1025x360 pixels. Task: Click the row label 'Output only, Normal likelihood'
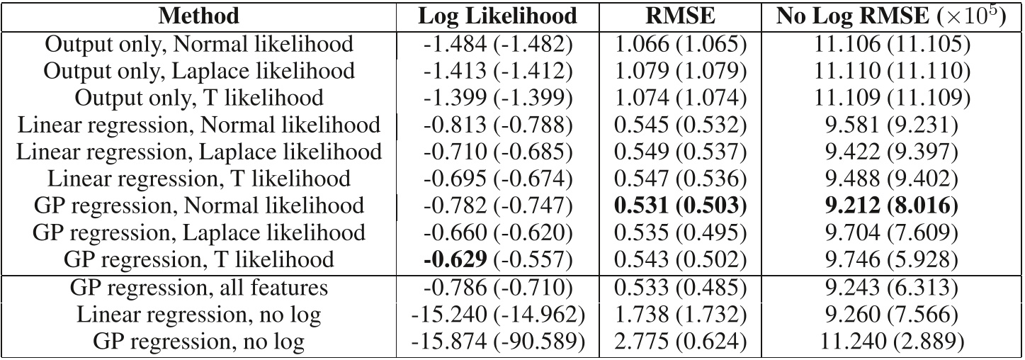(x=199, y=44)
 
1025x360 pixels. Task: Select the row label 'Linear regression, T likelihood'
(x=199, y=179)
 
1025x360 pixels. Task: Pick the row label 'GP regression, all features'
(x=199, y=288)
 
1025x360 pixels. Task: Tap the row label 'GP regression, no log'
(x=199, y=342)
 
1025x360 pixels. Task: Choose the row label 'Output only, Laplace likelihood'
(x=199, y=71)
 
